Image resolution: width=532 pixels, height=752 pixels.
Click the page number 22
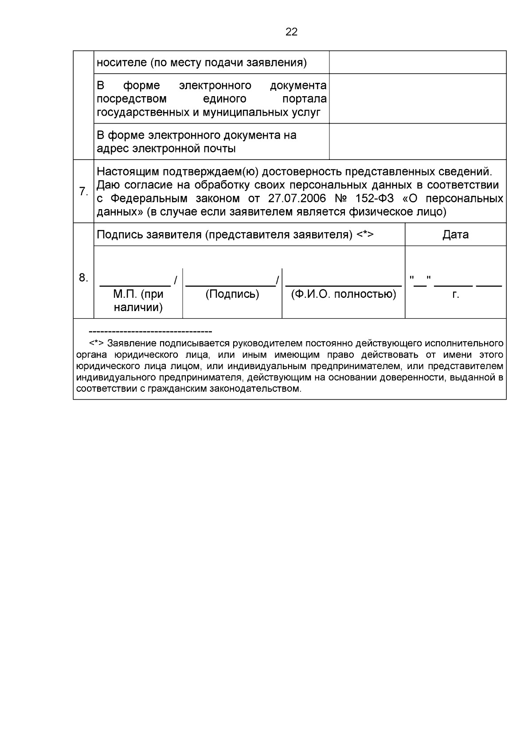(x=291, y=32)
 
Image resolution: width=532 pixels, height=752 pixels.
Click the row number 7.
(x=83, y=191)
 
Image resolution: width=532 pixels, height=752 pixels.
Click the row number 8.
(x=83, y=278)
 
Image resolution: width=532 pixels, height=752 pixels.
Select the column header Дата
(x=455, y=234)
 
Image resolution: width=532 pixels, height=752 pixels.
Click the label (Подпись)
(x=232, y=294)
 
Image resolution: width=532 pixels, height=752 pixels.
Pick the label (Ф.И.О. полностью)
(x=343, y=294)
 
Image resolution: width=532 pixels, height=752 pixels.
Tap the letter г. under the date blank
(x=455, y=294)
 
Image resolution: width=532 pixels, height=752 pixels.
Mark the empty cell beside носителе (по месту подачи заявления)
(x=417, y=62)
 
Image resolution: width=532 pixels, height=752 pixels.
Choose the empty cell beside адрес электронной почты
(x=417, y=141)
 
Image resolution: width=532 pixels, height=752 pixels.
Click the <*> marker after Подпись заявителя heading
(x=365, y=234)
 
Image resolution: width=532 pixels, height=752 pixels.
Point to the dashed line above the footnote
(x=150, y=331)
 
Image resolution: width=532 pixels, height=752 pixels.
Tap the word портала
(x=304, y=99)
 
